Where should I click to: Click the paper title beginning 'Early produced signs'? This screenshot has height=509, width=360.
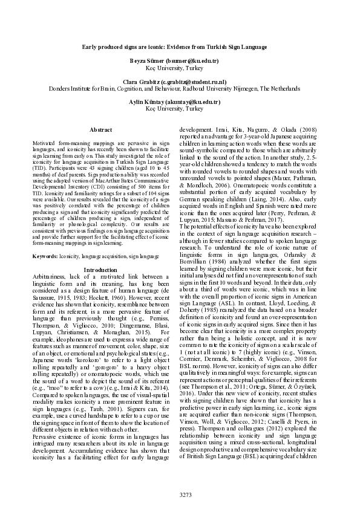click(x=180, y=47)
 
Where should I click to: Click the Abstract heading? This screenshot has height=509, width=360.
click(x=100, y=130)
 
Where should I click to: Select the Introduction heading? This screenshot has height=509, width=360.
click(x=100, y=269)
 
